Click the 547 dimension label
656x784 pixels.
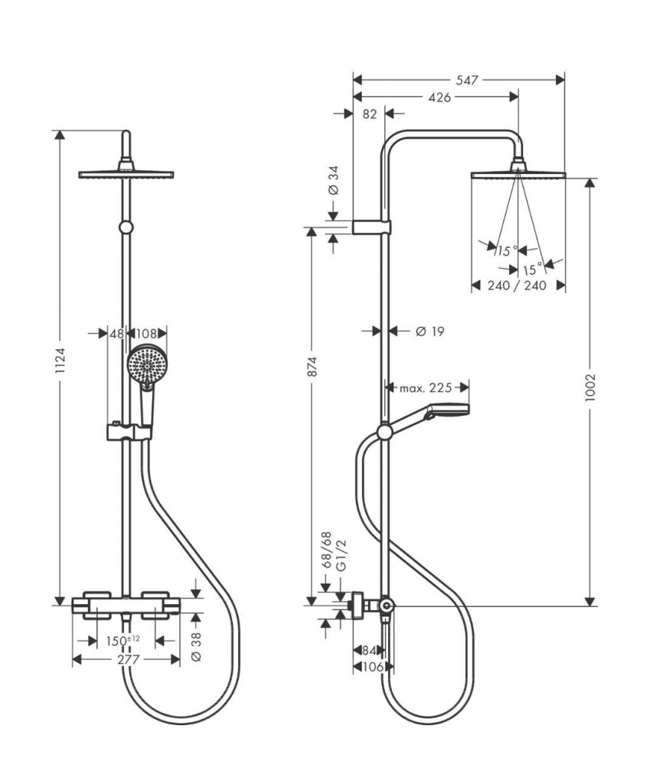[457, 78]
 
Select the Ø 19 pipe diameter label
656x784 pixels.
[429, 332]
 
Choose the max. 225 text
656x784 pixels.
[426, 388]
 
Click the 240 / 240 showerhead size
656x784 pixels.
[517, 286]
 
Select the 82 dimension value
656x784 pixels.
[369, 114]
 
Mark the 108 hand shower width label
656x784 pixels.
[146, 334]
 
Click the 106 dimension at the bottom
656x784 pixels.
[370, 667]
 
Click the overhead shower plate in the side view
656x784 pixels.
[519, 175]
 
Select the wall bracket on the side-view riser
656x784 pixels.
[372, 227]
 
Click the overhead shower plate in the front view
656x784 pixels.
[126, 173]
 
